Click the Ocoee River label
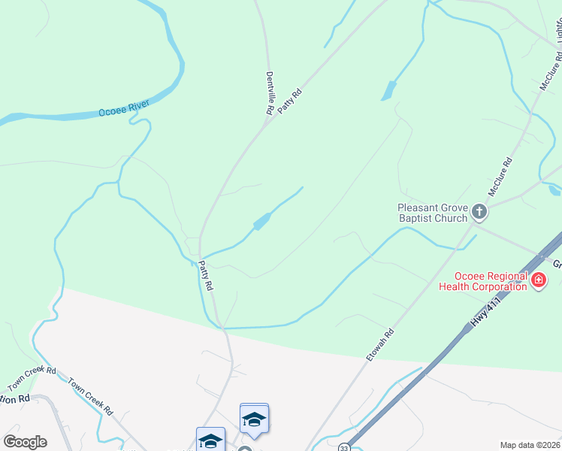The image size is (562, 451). (x=125, y=109)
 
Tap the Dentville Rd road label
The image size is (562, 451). (x=270, y=93)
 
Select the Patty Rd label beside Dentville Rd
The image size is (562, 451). (x=289, y=101)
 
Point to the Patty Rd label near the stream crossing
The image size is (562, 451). (x=206, y=276)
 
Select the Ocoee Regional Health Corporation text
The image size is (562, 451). (x=483, y=282)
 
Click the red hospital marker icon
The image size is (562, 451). (x=538, y=281)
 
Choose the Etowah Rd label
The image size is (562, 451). (x=381, y=344)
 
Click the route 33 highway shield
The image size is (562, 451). (x=343, y=447)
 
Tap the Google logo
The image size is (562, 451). (x=25, y=442)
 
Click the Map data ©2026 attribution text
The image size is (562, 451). (x=530, y=445)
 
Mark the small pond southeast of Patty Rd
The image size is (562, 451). (x=261, y=222)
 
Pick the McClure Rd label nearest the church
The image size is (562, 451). (x=500, y=177)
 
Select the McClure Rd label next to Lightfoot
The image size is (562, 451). (x=551, y=72)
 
